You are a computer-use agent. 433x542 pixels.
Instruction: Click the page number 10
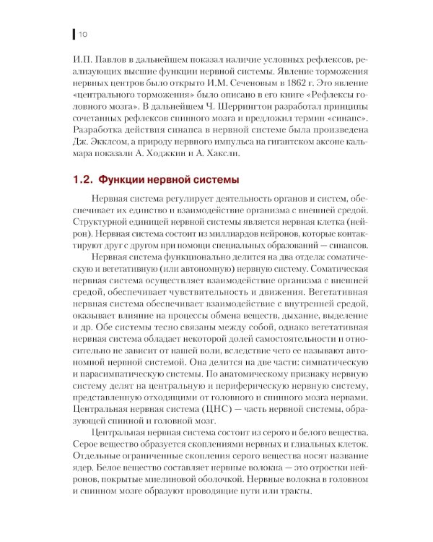(x=83, y=33)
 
